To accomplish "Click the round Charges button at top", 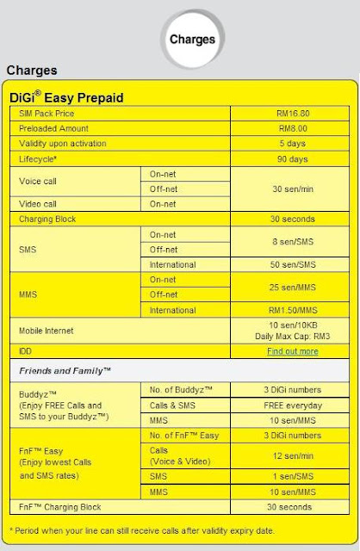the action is click(192, 40).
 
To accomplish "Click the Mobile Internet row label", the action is click(47, 331).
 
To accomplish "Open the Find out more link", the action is click(292, 351).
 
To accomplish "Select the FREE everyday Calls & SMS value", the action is click(292, 406).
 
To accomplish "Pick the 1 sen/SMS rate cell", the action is click(292, 476).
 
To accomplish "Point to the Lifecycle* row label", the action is click(38, 158).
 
